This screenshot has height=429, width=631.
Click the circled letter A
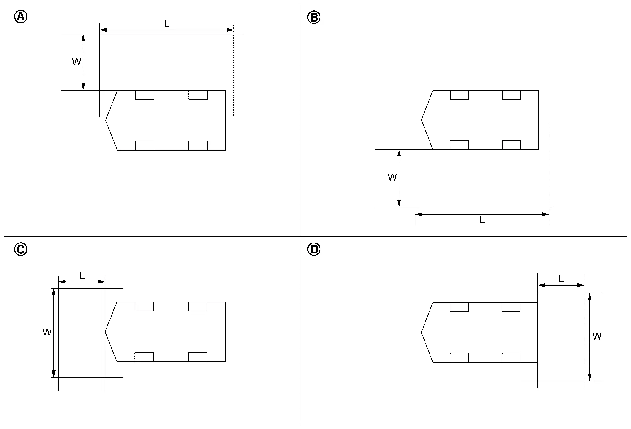tap(21, 17)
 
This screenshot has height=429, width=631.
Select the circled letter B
tap(314, 17)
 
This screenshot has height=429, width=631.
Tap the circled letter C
tap(21, 249)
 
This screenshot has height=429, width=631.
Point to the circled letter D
tap(314, 249)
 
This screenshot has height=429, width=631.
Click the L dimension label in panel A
tap(167, 23)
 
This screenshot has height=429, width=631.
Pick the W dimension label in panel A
tap(77, 61)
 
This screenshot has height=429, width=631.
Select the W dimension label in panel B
tap(392, 177)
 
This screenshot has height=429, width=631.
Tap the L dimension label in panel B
tap(482, 220)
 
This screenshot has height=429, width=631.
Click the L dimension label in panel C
tap(82, 275)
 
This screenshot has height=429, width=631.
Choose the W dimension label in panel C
tap(47, 332)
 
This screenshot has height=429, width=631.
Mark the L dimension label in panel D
tap(561, 279)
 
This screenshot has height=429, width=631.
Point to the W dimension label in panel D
tap(597, 336)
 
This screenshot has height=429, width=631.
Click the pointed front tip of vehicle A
tap(106, 120)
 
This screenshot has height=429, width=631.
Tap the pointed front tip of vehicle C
tap(105, 332)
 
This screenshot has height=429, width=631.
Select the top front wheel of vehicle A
tap(145, 95)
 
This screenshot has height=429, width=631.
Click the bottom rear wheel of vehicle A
tap(198, 146)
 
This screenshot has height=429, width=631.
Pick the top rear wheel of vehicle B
tap(511, 95)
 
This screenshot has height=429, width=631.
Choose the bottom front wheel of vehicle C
tap(144, 357)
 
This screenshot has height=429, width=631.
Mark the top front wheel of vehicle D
tap(459, 307)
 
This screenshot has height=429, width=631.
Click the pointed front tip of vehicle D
tap(421, 332)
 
